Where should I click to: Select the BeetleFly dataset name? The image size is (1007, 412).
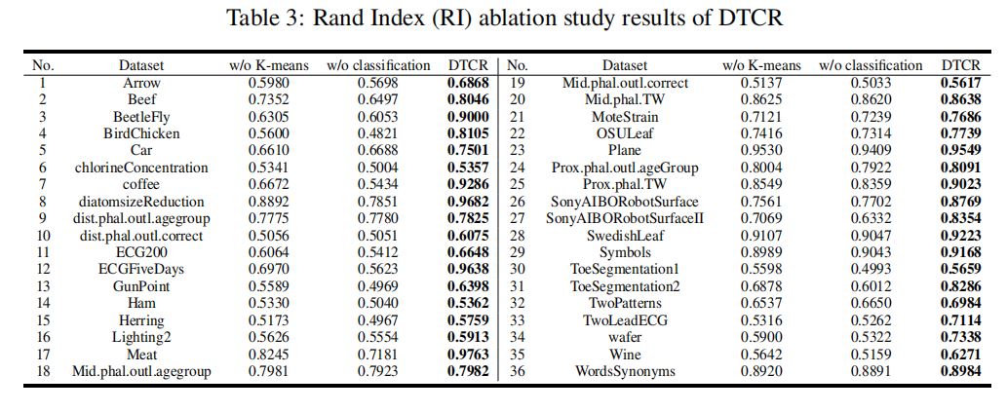pos(141,116)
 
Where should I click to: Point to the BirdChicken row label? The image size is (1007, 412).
pos(141,133)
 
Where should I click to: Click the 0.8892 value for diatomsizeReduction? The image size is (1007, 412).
pos(269,202)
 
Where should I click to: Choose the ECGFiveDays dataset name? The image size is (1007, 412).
pos(141,270)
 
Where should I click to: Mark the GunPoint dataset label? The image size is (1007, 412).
pos(141,286)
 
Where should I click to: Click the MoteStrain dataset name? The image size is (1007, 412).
pos(624,116)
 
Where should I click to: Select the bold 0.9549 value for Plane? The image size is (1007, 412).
pos(960,150)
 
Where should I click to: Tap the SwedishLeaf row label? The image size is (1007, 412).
pos(624,236)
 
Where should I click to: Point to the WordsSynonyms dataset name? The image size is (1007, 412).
pos(624,372)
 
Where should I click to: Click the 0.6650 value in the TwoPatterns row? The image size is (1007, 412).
pos(870,304)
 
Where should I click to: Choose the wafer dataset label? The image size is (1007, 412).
pos(624,338)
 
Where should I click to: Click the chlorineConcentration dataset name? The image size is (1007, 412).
pos(141,168)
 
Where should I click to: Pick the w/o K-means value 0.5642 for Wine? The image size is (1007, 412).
pos(761,355)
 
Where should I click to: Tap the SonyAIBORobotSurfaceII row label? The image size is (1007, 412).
pos(624,218)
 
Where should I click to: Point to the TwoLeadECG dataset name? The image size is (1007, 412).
pos(624,320)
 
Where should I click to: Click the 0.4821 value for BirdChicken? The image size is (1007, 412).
pos(378,133)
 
